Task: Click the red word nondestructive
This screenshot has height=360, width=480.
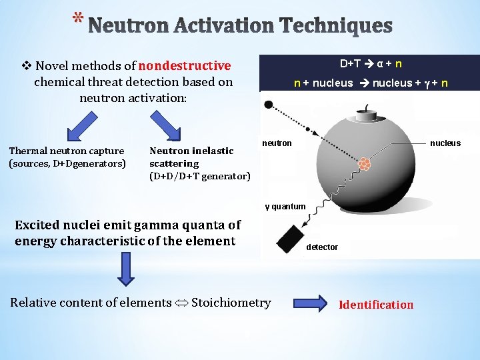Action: pos(185,66)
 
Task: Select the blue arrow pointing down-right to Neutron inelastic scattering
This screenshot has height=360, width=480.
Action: pos(166,126)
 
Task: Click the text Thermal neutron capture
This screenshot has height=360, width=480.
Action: pos(67,151)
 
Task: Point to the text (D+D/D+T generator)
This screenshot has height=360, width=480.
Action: pos(200,176)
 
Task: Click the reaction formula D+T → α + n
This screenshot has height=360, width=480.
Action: pos(370,64)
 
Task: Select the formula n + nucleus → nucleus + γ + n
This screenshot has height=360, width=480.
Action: pos(370,83)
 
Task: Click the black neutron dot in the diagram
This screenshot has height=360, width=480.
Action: pos(269,105)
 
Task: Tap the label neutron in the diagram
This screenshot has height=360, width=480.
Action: pos(277,143)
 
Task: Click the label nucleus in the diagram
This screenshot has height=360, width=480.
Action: pos(445,143)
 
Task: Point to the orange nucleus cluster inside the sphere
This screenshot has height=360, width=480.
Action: pos(364,164)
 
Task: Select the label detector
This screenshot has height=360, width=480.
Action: pos(322,247)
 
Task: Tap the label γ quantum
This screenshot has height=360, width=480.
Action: pos(285,206)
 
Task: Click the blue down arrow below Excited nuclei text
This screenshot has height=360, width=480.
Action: pos(127,269)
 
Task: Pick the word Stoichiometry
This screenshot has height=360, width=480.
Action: pos(231,303)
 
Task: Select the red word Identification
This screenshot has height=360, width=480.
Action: pos(377,305)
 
